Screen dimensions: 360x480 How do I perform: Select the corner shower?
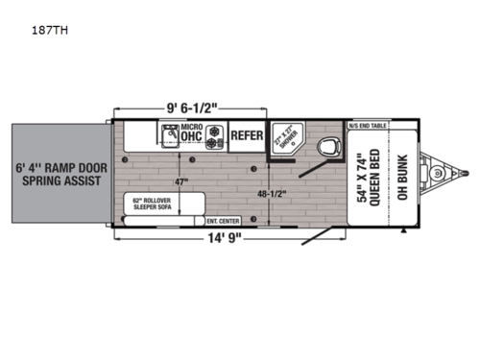point(284,139)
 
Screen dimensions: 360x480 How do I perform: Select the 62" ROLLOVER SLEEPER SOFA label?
point(151,204)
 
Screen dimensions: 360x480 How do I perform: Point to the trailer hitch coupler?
point(442,175)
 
